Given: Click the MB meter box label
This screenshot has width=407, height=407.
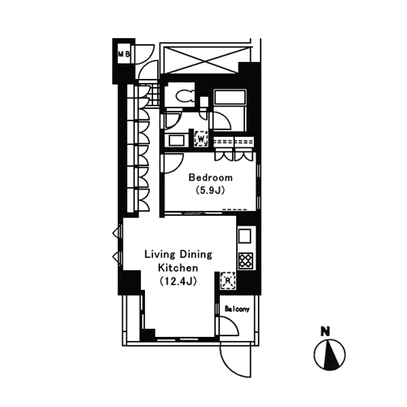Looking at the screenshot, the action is click(x=124, y=54).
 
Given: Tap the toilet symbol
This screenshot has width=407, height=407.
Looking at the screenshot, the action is click(x=185, y=96).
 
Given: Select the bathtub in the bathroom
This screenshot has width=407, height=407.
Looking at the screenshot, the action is click(x=230, y=97).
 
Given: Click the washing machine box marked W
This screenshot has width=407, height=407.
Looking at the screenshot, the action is click(x=201, y=138).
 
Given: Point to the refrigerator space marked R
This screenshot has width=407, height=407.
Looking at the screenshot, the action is click(x=228, y=280).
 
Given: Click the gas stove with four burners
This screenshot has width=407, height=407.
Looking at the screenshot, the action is click(x=246, y=260).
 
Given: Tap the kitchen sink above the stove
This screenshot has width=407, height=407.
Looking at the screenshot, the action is click(x=245, y=235).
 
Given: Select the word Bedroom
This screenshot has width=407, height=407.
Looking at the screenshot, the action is click(x=211, y=177).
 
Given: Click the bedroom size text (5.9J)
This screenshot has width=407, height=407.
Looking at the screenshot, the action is click(x=211, y=190).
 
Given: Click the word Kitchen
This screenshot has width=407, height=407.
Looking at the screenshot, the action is click(x=178, y=268).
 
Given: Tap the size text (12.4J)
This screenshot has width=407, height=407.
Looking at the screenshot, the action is click(x=178, y=281).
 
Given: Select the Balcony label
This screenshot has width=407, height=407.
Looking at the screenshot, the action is click(x=237, y=309).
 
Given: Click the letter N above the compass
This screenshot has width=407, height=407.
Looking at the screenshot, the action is click(x=325, y=332).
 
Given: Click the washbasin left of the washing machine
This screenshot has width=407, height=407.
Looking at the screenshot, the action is click(x=177, y=141).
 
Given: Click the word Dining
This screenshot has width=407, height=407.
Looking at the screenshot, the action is click(x=195, y=255).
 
